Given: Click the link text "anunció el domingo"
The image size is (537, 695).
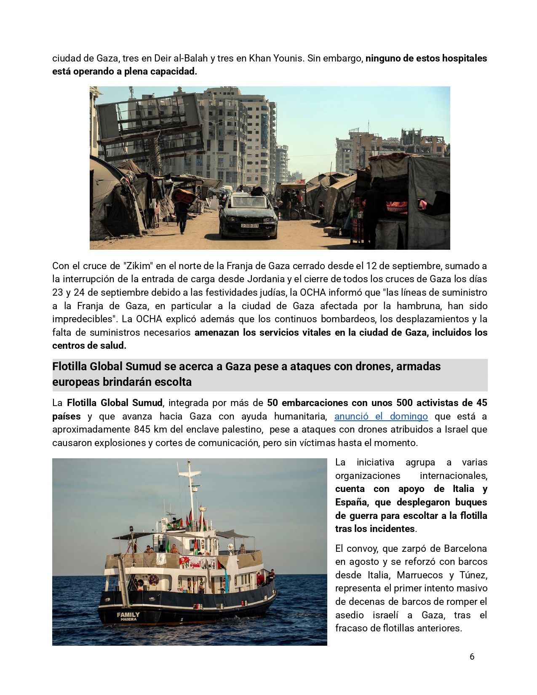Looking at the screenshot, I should click(381, 416).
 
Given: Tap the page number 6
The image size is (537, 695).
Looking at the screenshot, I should click(472, 657).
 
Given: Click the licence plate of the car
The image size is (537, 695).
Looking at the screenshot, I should click(249, 226).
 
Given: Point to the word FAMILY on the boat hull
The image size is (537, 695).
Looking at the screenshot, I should click(128, 615).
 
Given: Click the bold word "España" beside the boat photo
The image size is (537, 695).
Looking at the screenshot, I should click(352, 502).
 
